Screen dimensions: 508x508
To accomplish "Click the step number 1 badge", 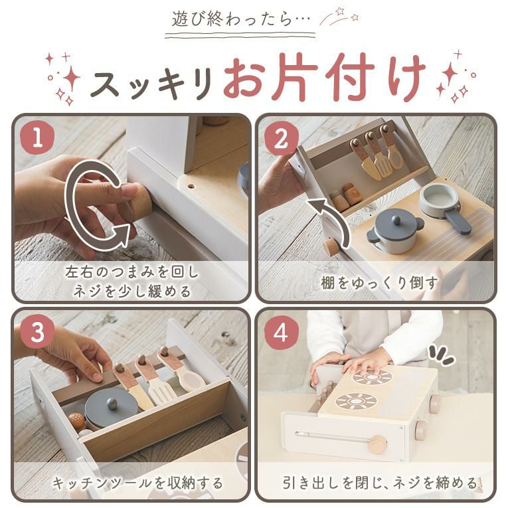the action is point(37,137).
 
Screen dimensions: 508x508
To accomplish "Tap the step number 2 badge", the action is point(281,139).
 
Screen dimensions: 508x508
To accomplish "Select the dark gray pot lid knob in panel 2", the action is point(395,220).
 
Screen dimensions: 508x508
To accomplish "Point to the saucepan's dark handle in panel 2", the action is point(458,221).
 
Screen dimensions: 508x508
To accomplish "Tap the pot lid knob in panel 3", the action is point(112,402).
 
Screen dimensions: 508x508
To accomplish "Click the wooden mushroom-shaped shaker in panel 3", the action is point(77,420).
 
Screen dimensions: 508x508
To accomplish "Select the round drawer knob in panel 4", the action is point(377,444).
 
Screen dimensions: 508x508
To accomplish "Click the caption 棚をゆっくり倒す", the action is point(379,283).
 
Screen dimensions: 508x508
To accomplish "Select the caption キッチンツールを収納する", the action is point(137,483).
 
